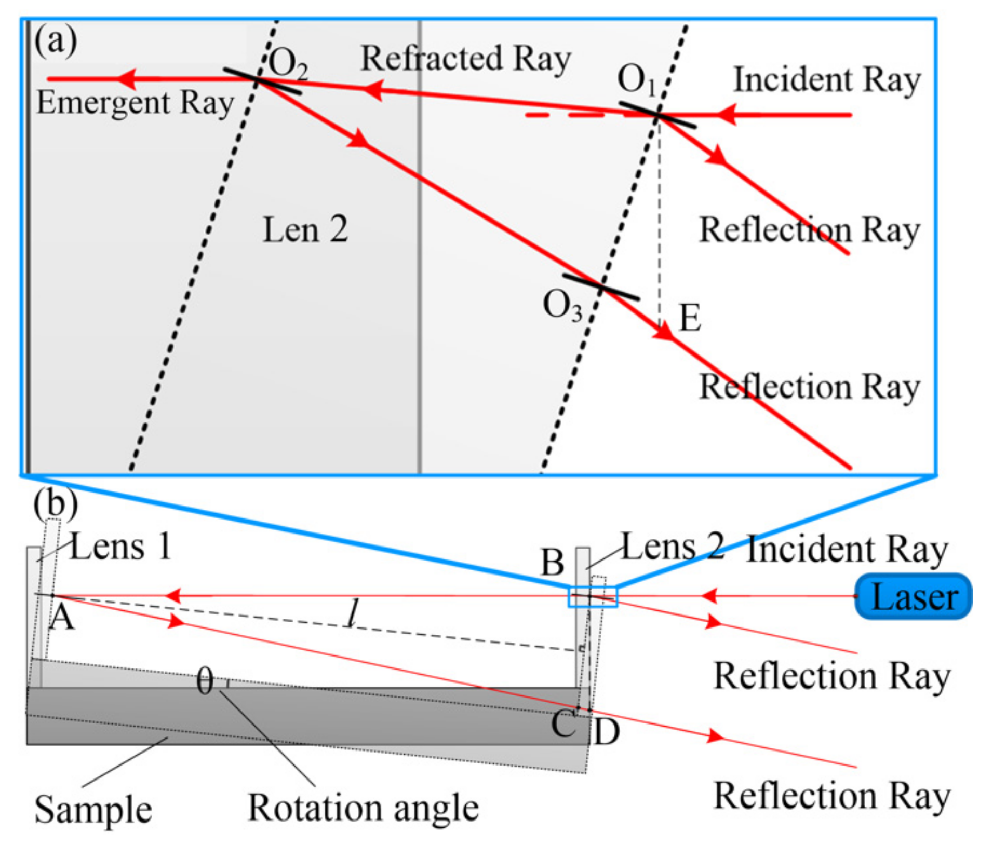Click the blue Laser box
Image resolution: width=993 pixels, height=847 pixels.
click(913, 596)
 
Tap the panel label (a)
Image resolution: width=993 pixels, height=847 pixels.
click(56, 41)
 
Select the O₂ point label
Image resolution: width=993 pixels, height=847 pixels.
click(289, 64)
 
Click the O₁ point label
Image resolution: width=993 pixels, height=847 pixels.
click(637, 80)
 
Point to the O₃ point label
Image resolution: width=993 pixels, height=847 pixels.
click(562, 305)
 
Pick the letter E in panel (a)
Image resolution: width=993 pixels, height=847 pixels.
click(690, 317)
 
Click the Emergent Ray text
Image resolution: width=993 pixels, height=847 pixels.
click(136, 103)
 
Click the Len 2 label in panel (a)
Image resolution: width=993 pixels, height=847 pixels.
click(305, 229)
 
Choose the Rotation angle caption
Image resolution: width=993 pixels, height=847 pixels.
click(363, 808)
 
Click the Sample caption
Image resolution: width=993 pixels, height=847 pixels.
click(93, 810)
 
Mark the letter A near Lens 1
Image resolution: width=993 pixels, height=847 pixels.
click(62, 618)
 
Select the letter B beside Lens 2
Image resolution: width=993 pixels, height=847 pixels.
click(553, 563)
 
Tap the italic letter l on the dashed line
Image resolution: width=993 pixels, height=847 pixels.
click(354, 612)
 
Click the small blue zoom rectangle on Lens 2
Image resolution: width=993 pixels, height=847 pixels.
click(593, 597)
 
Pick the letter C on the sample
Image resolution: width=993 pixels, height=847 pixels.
click(563, 723)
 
